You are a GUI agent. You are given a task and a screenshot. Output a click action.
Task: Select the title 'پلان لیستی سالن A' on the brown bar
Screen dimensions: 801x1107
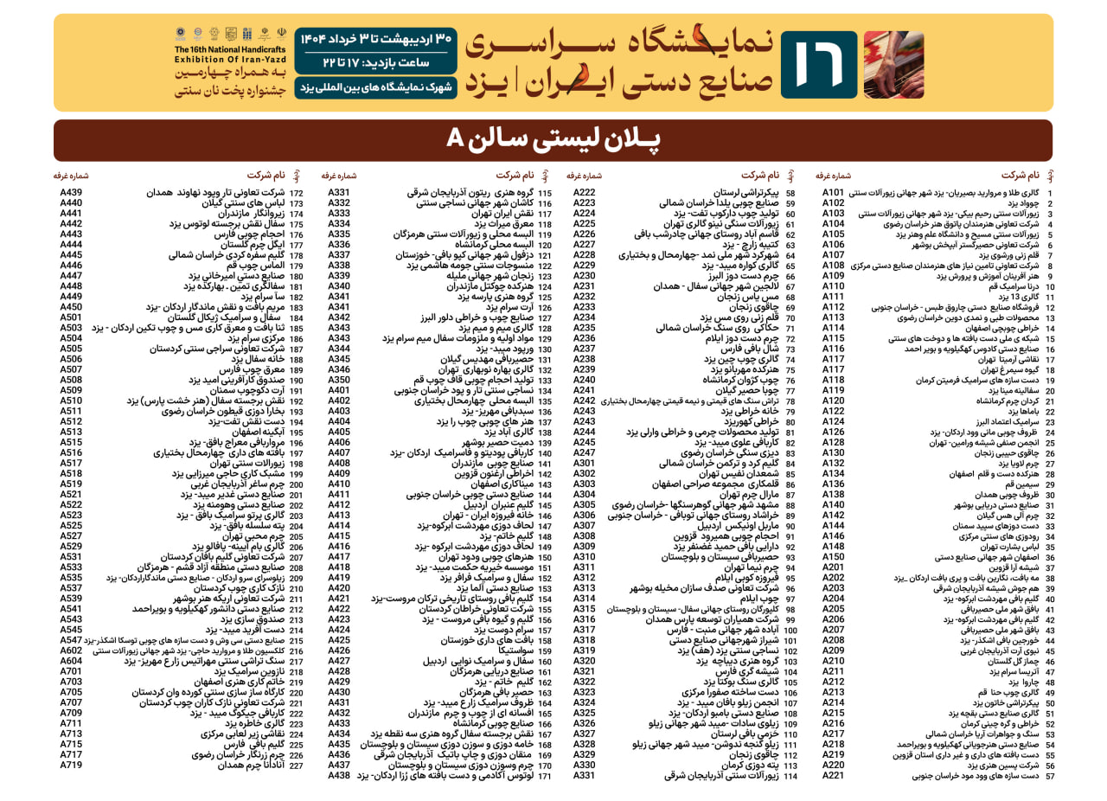tap(553, 139)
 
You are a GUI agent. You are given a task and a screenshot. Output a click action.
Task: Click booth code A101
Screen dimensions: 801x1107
tap(833, 192)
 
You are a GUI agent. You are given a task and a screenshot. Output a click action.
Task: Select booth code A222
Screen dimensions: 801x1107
tap(585, 192)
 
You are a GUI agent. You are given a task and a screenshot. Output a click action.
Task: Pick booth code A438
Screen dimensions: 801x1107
tap(339, 775)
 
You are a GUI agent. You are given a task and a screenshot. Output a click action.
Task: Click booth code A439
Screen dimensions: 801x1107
tap(71, 192)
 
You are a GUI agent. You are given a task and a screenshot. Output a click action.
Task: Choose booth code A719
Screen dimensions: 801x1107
tap(71, 765)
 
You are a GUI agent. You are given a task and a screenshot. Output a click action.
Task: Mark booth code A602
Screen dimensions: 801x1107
tap(71, 650)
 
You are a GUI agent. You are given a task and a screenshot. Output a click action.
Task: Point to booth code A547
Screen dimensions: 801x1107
tap(71, 640)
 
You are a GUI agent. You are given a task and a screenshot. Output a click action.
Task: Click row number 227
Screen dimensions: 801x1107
tap(296, 766)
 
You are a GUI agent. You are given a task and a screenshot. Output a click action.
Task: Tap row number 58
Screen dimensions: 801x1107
tap(790, 193)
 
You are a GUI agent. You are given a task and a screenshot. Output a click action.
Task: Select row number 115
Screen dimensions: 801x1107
tap(545, 193)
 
